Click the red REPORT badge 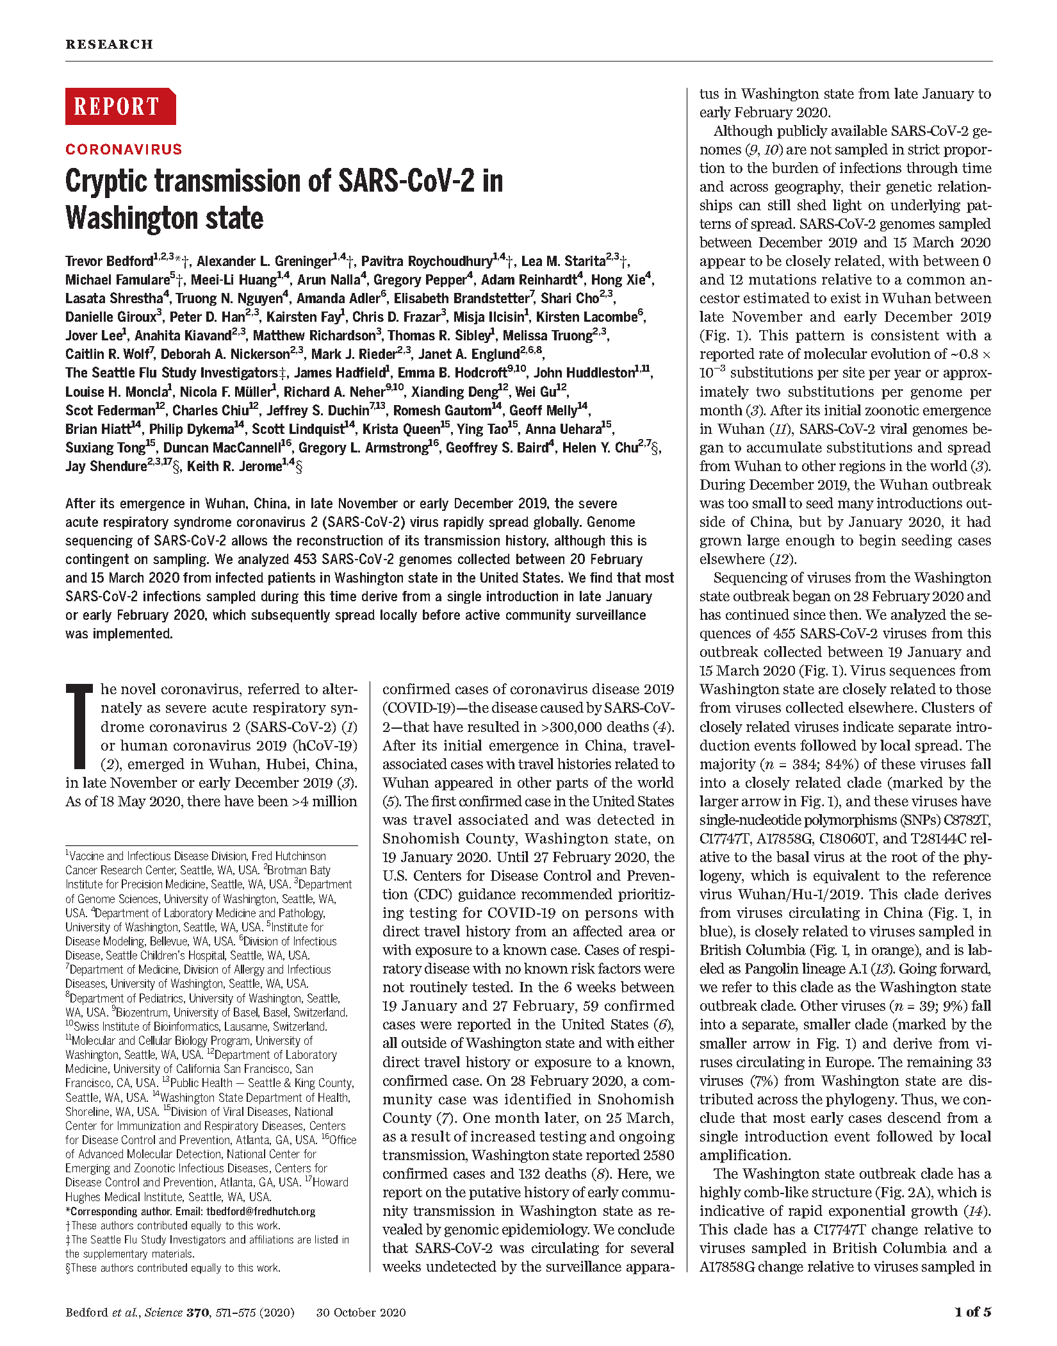[120, 106]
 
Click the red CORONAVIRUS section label [124, 149]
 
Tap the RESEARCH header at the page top [109, 44]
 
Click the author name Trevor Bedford [109, 262]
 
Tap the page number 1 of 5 [972, 1312]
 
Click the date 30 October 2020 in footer [361, 1313]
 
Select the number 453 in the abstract [306, 560]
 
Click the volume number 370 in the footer [197, 1313]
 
